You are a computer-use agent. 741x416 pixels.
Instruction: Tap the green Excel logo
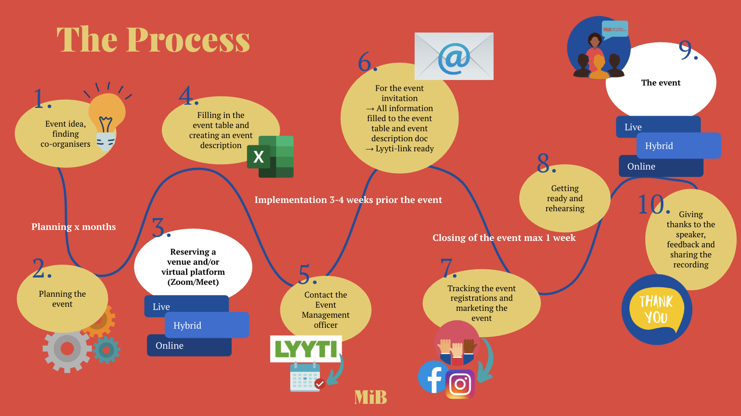click(x=270, y=157)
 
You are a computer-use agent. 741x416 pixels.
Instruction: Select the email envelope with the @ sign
click(x=454, y=56)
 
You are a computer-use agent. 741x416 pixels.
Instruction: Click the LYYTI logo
click(x=306, y=349)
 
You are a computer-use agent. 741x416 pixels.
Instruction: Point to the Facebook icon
click(x=432, y=377)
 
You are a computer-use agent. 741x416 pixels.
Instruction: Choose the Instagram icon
click(x=460, y=384)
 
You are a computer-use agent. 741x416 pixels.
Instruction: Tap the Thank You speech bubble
click(x=656, y=309)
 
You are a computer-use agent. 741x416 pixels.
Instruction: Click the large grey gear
click(x=67, y=349)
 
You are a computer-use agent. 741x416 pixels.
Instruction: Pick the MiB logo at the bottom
click(x=371, y=397)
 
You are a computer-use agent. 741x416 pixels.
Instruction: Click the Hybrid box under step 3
click(x=207, y=325)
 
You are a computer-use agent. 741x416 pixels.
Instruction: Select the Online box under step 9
click(x=661, y=166)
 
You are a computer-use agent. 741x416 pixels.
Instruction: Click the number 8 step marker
click(x=546, y=163)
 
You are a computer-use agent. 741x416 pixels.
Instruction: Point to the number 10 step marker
click(x=653, y=204)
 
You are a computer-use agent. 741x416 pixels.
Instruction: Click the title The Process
click(x=154, y=39)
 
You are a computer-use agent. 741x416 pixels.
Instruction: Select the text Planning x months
click(x=74, y=227)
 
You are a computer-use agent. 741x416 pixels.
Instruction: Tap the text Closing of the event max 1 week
click(x=504, y=238)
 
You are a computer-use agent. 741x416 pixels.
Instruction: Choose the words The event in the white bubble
click(x=661, y=83)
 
